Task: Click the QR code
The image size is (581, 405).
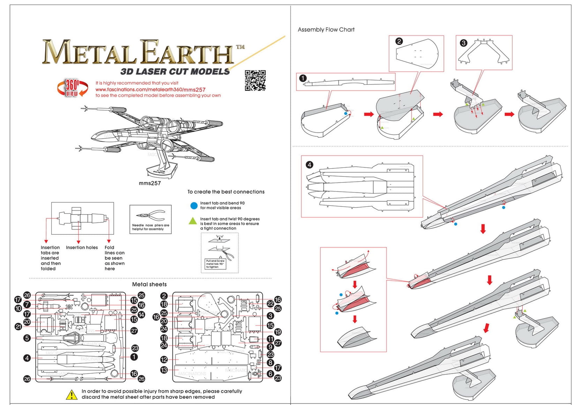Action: point(255,80)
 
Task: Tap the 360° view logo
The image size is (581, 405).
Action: point(72,88)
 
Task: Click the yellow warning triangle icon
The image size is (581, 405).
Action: point(72,395)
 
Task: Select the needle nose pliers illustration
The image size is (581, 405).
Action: point(151,216)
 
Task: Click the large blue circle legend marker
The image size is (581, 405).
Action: point(194,206)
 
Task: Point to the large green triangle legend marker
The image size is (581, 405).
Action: point(193,221)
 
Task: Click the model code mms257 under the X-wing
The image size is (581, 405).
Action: point(150,183)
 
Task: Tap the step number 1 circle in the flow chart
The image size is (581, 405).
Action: point(303,78)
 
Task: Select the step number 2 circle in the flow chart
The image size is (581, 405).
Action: point(399,41)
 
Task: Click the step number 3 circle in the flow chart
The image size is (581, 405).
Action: point(463,43)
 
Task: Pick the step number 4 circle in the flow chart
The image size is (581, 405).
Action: point(310,165)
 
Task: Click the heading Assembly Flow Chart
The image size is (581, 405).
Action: point(326,30)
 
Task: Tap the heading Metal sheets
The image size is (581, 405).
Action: point(149,284)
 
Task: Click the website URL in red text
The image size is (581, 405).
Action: point(150,90)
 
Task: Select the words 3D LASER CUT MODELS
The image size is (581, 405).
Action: point(175,72)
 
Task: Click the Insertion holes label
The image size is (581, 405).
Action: point(82,247)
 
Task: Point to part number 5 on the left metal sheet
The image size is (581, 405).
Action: point(27,338)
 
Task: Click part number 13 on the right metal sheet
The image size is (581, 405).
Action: point(164,370)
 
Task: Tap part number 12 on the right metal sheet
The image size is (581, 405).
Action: point(164,359)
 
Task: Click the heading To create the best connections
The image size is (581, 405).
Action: point(226,192)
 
